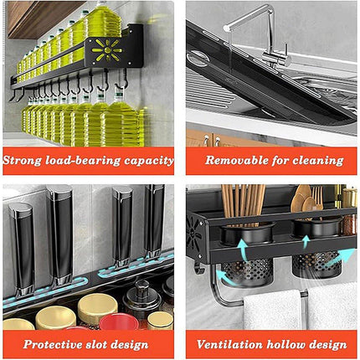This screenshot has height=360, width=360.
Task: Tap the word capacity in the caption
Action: click(147, 160)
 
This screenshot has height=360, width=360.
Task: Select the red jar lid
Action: click(118, 321)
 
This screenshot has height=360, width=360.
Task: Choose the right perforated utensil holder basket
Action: click(316, 266)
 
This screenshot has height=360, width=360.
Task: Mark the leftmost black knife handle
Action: click(20, 243)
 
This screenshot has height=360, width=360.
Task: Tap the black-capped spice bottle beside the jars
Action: click(139, 297)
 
